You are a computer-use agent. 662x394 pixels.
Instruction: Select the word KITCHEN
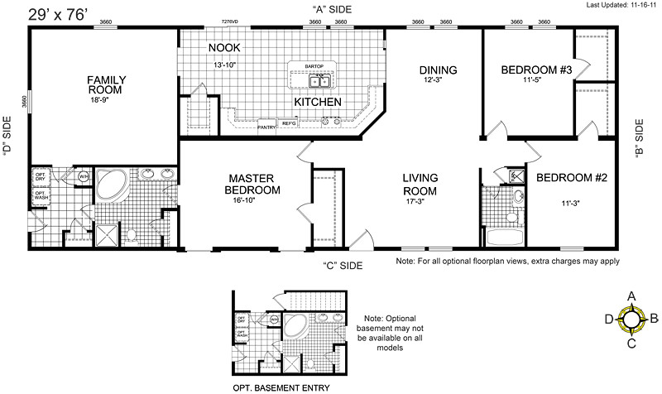[319, 101]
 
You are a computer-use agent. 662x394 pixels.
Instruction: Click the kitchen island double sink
[319, 81]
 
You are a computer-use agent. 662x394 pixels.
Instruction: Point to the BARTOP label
[314, 65]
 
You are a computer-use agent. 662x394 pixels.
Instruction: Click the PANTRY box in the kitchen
[266, 127]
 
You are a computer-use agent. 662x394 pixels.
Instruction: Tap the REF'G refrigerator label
[290, 123]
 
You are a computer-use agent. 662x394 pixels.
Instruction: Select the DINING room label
[438, 70]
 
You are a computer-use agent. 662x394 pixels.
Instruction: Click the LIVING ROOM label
[420, 184]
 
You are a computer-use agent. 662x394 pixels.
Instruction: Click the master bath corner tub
[108, 185]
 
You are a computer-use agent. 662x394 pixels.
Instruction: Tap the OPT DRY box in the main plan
[40, 176]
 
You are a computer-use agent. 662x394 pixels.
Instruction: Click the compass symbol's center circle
[631, 317]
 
